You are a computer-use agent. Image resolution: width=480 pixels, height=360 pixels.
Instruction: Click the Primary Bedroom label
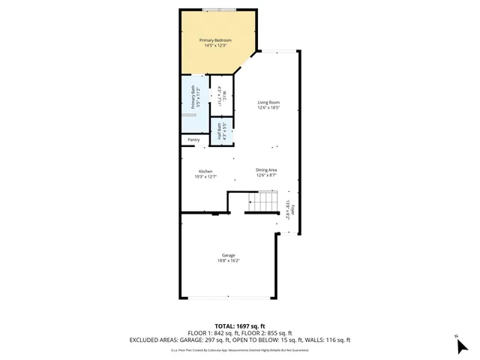click(x=215, y=40)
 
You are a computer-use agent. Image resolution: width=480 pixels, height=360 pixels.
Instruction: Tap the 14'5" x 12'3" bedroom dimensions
click(x=215, y=46)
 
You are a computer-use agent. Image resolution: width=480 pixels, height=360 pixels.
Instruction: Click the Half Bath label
click(x=220, y=131)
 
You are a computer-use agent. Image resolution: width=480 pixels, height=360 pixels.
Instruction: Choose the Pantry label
click(x=193, y=139)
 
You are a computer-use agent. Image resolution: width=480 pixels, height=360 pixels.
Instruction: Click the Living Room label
click(x=268, y=102)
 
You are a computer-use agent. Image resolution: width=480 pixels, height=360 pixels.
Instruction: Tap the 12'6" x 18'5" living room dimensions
click(x=268, y=108)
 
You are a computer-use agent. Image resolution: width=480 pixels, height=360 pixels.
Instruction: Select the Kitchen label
click(x=205, y=171)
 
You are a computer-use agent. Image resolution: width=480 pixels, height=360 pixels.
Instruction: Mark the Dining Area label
click(x=267, y=169)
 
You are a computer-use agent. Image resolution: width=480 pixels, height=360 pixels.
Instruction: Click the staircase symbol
click(x=263, y=202)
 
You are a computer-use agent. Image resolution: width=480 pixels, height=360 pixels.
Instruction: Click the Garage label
click(x=228, y=255)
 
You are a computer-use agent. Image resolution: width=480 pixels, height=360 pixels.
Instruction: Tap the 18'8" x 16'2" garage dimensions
click(x=228, y=261)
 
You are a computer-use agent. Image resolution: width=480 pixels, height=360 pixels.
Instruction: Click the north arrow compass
click(x=461, y=345)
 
